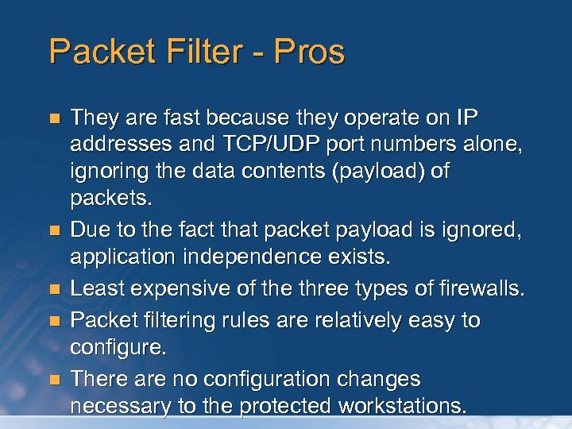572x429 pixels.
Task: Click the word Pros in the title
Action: pyautogui.click(x=310, y=52)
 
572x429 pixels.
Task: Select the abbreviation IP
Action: pyautogui.click(x=467, y=118)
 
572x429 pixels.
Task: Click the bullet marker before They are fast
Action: pyautogui.click(x=54, y=119)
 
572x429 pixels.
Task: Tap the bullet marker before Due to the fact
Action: pyautogui.click(x=54, y=231)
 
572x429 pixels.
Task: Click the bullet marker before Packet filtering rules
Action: pyautogui.click(x=54, y=321)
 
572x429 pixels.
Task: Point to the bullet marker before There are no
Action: pyautogui.click(x=54, y=378)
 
